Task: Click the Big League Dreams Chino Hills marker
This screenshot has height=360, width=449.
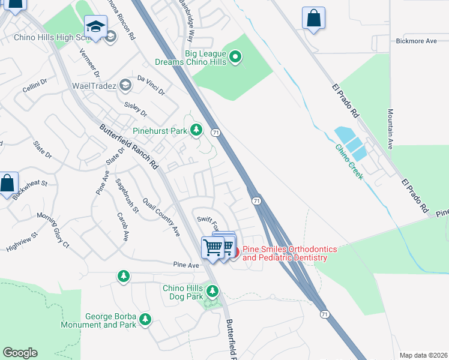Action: (x=236, y=58)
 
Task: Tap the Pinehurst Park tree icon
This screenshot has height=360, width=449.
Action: (x=196, y=130)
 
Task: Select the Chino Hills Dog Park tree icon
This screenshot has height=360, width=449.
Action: (x=212, y=292)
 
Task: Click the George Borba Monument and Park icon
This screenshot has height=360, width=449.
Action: (x=145, y=320)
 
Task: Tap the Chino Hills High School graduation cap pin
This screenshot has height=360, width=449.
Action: (x=95, y=26)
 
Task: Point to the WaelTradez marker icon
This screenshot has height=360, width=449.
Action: (x=125, y=85)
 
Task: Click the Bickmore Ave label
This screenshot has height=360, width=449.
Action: (x=416, y=41)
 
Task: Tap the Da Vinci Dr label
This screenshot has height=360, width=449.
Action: (x=151, y=85)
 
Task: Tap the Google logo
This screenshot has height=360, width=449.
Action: (x=20, y=353)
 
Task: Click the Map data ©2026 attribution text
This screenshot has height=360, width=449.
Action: (x=423, y=355)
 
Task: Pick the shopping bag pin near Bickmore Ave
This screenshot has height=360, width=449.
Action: (x=313, y=18)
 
